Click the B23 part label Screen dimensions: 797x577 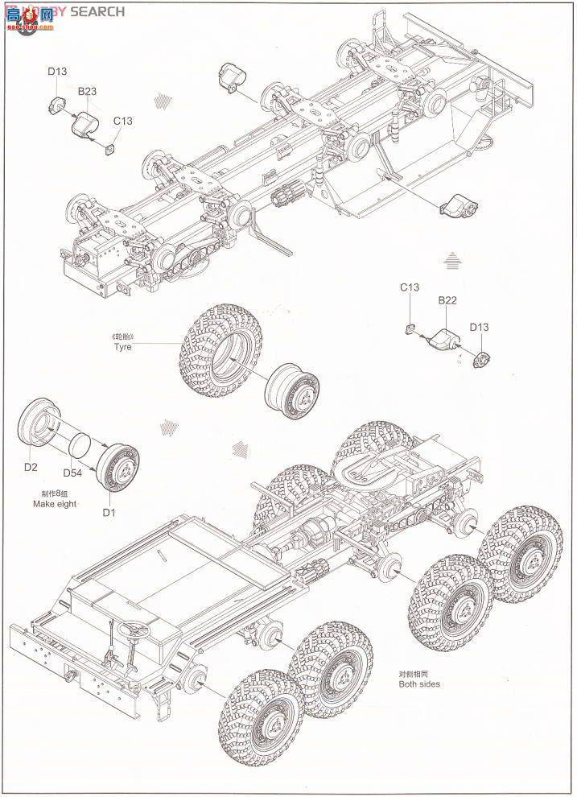click(87, 92)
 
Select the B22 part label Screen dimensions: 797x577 click(447, 300)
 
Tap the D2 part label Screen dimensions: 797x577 click(31, 467)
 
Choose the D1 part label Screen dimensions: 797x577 click(107, 512)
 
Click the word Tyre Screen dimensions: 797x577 click(122, 346)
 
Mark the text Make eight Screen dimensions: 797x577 click(55, 505)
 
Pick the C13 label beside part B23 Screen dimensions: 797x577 click(122, 121)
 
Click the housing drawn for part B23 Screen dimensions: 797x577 click(84, 125)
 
